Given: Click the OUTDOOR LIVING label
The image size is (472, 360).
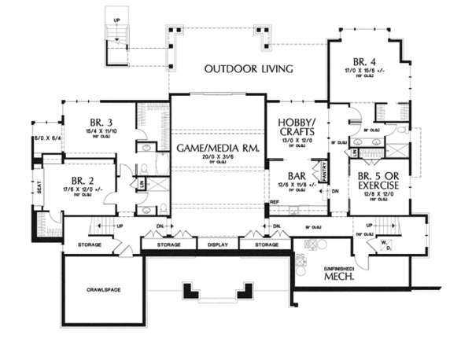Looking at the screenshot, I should pos(249,69).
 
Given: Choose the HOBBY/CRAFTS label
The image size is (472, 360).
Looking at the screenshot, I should pos(298,128).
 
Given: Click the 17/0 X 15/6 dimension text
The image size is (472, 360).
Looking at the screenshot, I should pos(367,70).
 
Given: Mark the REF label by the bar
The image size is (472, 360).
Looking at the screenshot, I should pos(274,202).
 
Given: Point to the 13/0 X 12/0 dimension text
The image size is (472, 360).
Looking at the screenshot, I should pos(298,141).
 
